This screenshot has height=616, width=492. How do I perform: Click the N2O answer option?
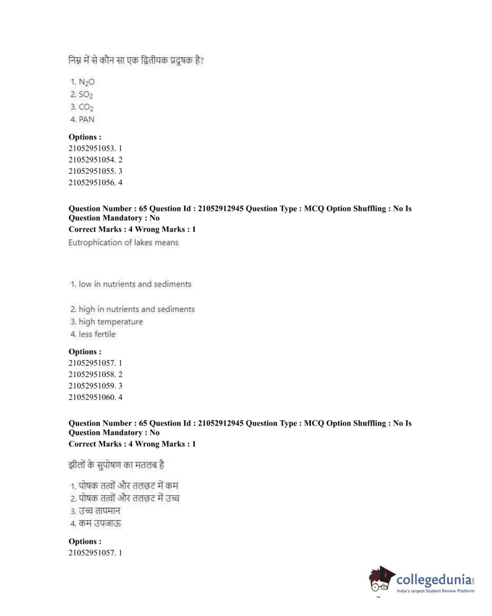point(83,82)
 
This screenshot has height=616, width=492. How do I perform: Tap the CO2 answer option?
point(82,107)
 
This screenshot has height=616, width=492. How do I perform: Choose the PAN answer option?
point(83,119)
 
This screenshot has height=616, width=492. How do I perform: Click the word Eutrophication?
point(95,242)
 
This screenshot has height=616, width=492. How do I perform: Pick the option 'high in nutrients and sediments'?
point(132,309)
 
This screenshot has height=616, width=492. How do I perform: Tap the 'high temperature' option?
point(107,321)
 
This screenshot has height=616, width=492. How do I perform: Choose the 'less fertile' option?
point(93,334)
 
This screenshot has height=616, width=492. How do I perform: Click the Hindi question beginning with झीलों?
point(117,465)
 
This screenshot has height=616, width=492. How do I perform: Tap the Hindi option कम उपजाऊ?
point(96,523)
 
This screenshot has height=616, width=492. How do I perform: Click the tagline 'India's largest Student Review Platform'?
point(435,591)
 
